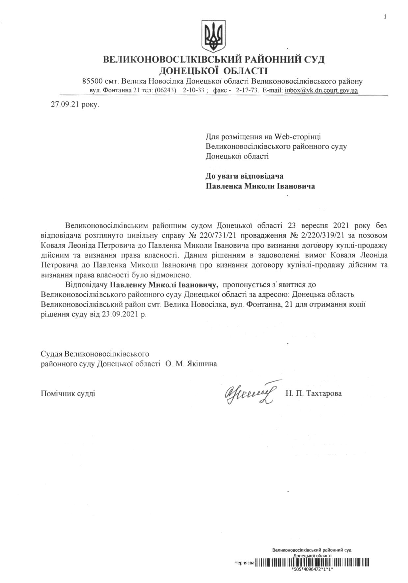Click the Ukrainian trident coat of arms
pos(213,36)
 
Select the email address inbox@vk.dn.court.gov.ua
pos(321,90)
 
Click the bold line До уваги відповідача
pos(244,176)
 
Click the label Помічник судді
pos(68,393)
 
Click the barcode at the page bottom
pos(313,563)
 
